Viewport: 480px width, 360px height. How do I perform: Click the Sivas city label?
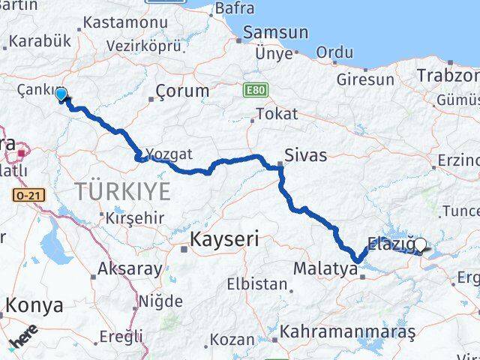pos(306,156)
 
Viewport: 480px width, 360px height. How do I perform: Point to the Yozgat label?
pos(169,154)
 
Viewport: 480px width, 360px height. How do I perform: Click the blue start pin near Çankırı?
pos(61,94)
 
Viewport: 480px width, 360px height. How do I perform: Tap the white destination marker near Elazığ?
pos(420,244)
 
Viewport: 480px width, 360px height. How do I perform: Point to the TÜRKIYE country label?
pos(122,191)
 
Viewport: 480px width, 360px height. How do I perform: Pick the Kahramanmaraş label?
pos(346,331)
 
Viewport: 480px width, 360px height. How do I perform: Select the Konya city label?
pos(35,304)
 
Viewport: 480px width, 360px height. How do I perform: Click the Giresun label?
pos(365,79)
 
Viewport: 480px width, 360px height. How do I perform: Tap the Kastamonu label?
pos(125,23)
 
